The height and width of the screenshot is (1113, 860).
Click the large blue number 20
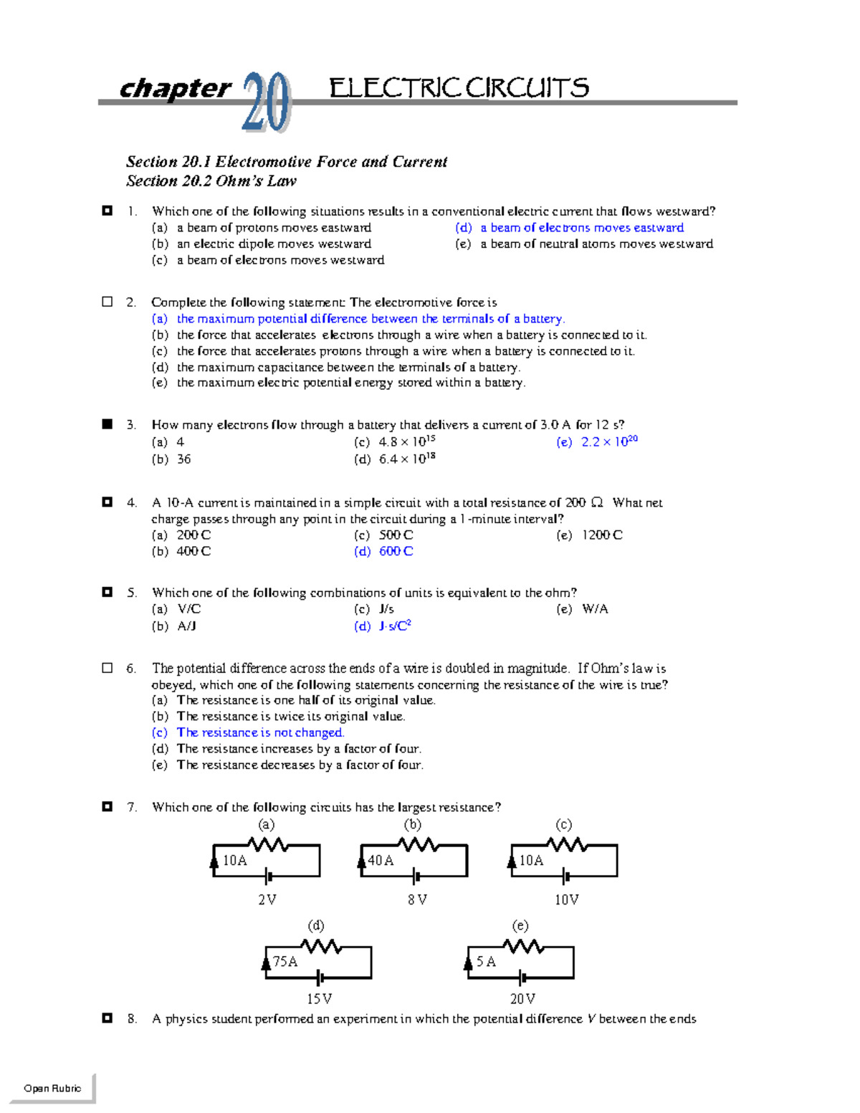coord(266,102)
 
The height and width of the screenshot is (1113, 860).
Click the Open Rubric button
coord(52,1088)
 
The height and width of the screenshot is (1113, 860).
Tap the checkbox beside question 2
coord(107,302)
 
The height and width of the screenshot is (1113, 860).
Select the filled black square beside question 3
coord(107,424)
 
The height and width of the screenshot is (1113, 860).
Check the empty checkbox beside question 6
coord(107,668)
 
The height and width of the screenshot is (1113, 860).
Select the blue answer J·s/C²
coord(394,626)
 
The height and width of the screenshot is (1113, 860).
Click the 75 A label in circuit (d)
coord(285,961)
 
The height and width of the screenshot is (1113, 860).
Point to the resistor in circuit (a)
coord(267,845)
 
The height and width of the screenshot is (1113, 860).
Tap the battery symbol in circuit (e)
coord(523,978)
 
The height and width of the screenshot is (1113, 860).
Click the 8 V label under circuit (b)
coord(417,899)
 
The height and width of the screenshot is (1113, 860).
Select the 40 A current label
coord(381,860)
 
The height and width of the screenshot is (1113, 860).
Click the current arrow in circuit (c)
coord(512,860)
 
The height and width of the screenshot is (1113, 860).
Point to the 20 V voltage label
coord(522,998)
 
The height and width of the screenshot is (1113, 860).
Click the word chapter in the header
coord(175,88)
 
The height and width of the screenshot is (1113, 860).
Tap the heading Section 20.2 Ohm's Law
coord(211,181)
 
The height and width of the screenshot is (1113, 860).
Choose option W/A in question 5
coord(594,609)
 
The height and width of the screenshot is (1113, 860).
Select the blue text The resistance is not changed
coord(260,732)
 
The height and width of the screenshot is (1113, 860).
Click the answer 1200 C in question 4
coord(601,535)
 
